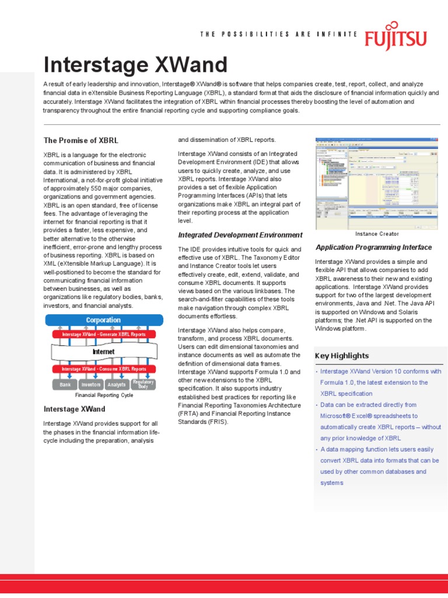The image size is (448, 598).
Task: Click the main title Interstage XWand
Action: point(136,65)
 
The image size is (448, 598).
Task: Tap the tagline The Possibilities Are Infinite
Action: point(278,34)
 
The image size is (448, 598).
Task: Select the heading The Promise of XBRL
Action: point(80,141)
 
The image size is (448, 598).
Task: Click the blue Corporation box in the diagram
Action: point(103,320)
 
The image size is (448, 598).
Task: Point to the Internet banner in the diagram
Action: point(103,352)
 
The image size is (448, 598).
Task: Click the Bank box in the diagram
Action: point(65,384)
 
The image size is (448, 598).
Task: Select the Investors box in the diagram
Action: point(90,384)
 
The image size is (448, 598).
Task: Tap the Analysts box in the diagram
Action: point(117,384)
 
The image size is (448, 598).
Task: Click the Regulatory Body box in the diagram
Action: point(143,384)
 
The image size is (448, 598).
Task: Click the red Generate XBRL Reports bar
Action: point(103,335)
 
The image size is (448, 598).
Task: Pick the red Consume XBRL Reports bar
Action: point(103,369)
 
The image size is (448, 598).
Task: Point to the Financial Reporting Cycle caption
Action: point(104,395)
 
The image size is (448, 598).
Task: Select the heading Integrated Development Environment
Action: point(240,235)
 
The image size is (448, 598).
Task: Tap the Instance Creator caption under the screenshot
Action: point(377,234)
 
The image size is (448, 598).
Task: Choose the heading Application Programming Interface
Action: point(373,248)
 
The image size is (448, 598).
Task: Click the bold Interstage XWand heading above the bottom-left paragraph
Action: point(74,409)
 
